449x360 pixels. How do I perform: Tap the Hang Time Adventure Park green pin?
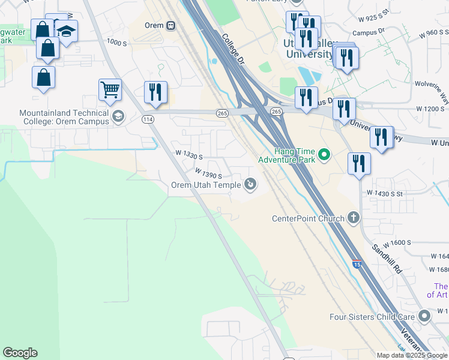(x=325, y=156)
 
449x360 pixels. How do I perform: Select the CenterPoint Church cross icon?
(x=354, y=218)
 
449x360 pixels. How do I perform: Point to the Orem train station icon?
(x=171, y=25)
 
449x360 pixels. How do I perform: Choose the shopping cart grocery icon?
(x=110, y=90)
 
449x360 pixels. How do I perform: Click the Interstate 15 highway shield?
(x=357, y=263)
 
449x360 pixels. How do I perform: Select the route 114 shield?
(x=147, y=119)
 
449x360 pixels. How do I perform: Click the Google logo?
(x=20, y=353)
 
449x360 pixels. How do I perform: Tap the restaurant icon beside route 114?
(x=155, y=92)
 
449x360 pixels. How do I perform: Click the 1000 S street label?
(x=116, y=43)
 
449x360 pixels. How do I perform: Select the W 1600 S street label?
(x=396, y=242)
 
